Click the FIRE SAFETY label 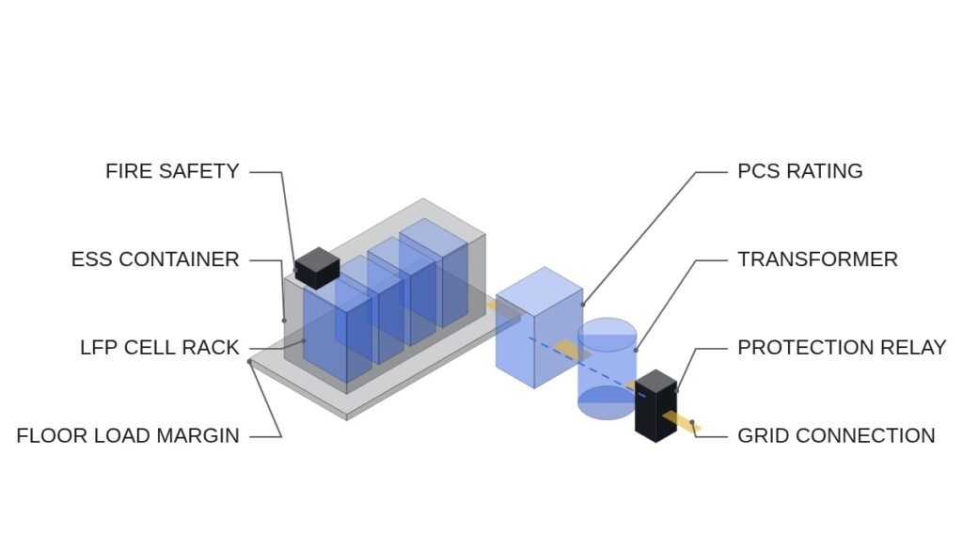(x=172, y=171)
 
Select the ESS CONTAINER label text (x=155, y=259)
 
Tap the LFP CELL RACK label (x=160, y=348)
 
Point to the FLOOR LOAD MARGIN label (x=128, y=436)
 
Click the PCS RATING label (x=799, y=171)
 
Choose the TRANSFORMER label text (x=817, y=259)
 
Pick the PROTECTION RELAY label (x=842, y=348)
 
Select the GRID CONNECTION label (x=836, y=436)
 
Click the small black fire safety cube (x=317, y=268)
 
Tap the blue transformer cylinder (x=607, y=369)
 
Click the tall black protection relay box (x=655, y=406)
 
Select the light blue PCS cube (x=539, y=327)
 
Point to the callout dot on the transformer (x=636, y=351)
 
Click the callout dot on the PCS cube (x=582, y=305)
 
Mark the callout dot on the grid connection (x=692, y=422)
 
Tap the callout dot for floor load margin (x=250, y=362)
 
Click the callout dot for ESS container (x=284, y=321)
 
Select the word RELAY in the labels (x=913, y=348)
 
